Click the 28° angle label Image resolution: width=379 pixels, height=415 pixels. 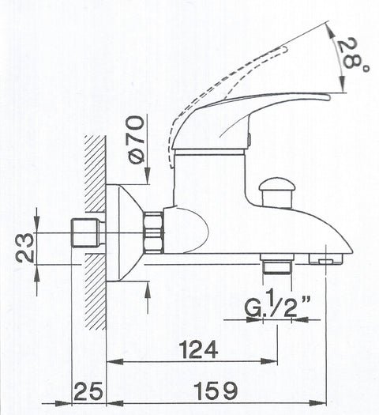(353, 55)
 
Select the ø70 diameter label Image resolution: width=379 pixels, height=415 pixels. (137, 140)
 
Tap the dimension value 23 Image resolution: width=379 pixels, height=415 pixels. (24, 248)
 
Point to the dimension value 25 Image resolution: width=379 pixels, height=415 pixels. (88, 391)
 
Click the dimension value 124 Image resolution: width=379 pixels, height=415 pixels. (198, 349)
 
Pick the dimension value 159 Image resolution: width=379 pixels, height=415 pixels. (216, 391)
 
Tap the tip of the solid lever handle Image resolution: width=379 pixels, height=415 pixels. (329, 98)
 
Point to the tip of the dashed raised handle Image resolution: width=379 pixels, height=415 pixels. (285, 48)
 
